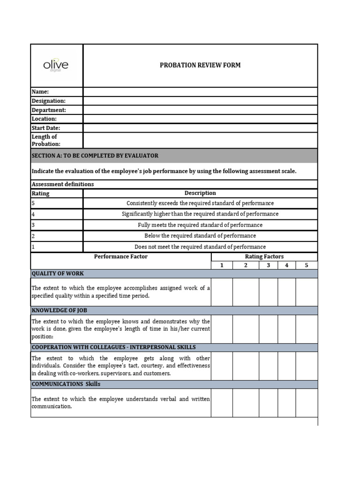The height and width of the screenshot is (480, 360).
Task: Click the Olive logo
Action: (x=56, y=65)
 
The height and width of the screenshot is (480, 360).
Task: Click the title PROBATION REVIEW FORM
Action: (x=200, y=65)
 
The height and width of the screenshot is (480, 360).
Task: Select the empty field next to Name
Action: (x=200, y=92)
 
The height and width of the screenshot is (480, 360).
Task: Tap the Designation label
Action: (x=49, y=101)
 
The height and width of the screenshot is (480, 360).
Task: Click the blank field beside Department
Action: (x=200, y=110)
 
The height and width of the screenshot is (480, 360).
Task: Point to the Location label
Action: (x=44, y=119)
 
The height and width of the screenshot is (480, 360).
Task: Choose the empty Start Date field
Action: (x=200, y=127)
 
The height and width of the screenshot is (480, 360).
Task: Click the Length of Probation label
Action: (x=46, y=140)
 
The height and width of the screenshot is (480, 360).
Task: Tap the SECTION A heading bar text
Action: (x=95, y=156)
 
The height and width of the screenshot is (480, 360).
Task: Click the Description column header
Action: (x=200, y=193)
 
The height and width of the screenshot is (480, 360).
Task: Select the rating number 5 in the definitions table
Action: (x=33, y=203)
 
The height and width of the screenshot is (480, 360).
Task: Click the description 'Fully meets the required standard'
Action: (x=200, y=225)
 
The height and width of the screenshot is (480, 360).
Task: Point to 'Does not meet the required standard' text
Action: (x=200, y=247)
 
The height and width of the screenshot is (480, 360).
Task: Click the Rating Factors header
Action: (x=264, y=256)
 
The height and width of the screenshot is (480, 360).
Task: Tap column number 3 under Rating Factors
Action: (x=268, y=265)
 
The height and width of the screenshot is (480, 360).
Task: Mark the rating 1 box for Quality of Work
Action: (x=222, y=292)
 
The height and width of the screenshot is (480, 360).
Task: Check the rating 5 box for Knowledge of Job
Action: (x=307, y=329)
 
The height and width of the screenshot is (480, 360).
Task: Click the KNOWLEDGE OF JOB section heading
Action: (x=59, y=310)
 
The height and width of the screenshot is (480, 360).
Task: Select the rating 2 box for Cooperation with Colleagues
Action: (x=246, y=366)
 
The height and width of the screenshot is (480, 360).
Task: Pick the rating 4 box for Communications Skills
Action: (x=286, y=402)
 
